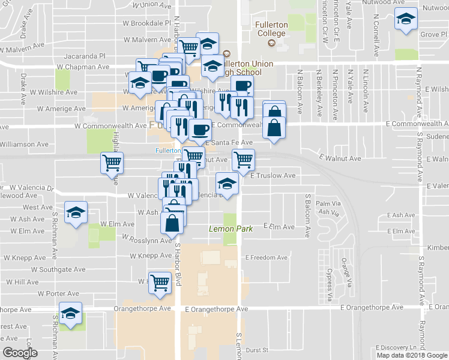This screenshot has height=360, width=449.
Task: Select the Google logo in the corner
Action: tap(20, 353)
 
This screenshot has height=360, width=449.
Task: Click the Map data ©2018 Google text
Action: tap(411, 355)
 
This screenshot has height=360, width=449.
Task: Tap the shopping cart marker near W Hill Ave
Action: tap(160, 281)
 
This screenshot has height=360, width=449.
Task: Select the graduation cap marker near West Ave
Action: tap(76, 213)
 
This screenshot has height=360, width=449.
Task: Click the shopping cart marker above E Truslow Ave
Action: tap(244, 159)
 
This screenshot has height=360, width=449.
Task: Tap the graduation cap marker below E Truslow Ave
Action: tap(227, 182)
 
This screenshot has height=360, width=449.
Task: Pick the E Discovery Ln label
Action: tap(396, 347)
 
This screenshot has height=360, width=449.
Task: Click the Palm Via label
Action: tap(328, 203)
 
